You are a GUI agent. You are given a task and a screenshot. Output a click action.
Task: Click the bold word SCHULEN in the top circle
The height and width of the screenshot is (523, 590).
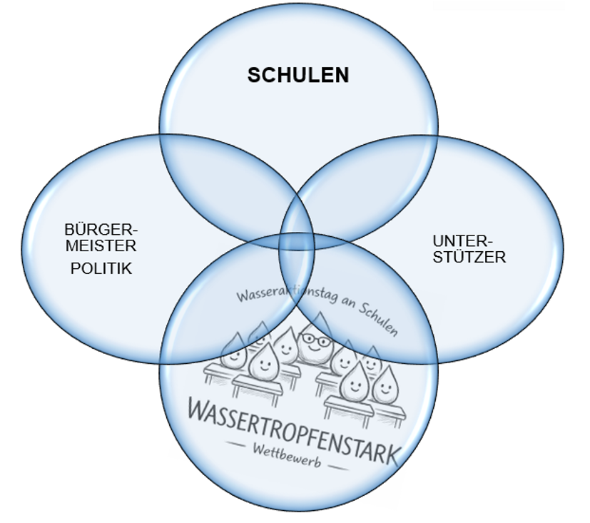click(x=298, y=75)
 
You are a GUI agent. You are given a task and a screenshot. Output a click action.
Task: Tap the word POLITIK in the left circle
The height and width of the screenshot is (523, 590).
click(x=101, y=269)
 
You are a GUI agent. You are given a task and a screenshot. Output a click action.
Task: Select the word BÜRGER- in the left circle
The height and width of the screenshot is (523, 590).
click(x=101, y=229)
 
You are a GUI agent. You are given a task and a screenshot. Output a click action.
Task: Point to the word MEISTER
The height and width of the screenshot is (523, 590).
click(x=101, y=245)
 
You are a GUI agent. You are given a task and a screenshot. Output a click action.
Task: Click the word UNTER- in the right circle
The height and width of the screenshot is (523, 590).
click(x=462, y=240)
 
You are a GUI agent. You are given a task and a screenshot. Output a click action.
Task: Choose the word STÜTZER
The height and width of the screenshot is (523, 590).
click(x=469, y=257)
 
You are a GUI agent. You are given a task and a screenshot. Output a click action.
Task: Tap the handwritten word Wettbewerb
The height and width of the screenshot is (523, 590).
click(x=287, y=456)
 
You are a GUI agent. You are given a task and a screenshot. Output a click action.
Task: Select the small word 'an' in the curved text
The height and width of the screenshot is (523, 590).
click(x=348, y=301)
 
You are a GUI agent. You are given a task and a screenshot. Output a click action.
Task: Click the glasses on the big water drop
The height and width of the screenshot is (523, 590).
click(x=315, y=340)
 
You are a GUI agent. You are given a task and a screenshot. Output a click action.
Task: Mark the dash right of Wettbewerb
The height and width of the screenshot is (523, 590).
click(x=339, y=467)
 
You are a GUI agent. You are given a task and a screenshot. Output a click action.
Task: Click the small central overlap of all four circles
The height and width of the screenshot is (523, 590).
click(x=297, y=242)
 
